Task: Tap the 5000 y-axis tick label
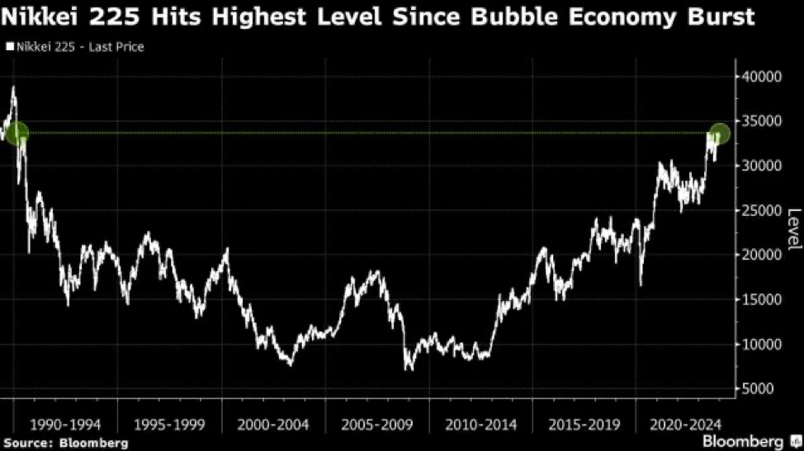757,388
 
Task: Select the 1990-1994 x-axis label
65,425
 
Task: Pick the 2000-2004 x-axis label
272,425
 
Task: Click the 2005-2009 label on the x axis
376,425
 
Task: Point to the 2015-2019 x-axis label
584,425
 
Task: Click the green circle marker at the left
17,133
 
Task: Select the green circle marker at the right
719,133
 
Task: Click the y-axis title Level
793,230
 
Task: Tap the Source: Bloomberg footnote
66,444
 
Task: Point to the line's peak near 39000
13,87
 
